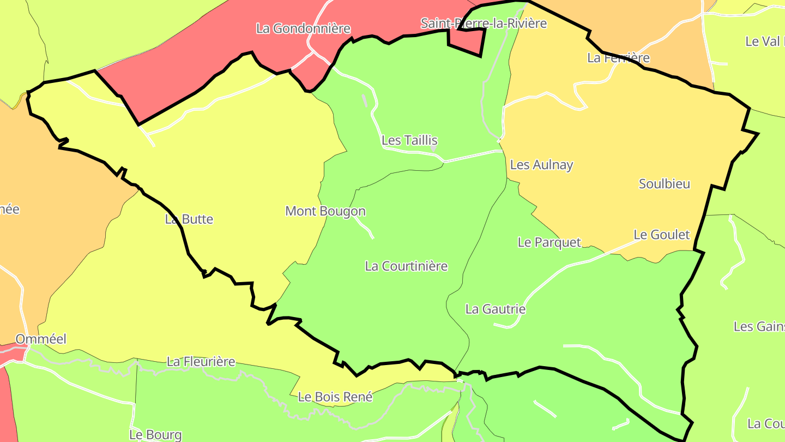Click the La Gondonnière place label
click(303, 28)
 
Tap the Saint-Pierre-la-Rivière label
click(483, 23)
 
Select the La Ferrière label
click(618, 58)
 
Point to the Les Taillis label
click(409, 140)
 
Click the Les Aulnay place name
click(541, 165)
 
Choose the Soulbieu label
click(664, 184)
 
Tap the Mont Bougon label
click(325, 211)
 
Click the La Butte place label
click(189, 219)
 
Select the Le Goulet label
click(661, 235)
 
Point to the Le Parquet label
click(549, 242)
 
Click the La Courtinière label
click(406, 266)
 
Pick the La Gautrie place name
click(495, 309)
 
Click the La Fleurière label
click(201, 362)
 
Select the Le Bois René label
click(335, 397)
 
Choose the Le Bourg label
click(155, 435)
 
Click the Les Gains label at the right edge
click(759, 327)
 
